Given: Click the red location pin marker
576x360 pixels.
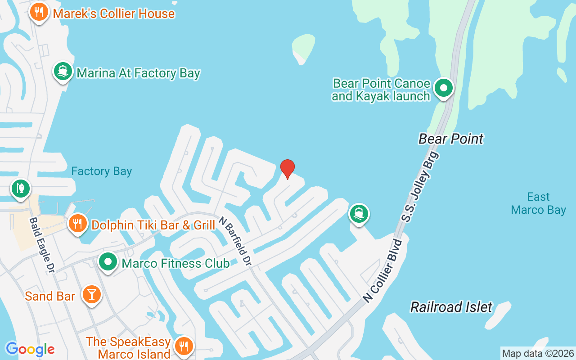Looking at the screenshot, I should tap(288, 169).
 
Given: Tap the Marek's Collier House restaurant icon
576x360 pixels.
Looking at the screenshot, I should tap(39, 12).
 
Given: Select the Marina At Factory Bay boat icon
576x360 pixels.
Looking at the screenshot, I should tap(63, 72).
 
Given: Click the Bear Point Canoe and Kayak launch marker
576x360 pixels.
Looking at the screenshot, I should tap(444, 88).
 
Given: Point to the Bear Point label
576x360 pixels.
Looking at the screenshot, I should tap(451, 139).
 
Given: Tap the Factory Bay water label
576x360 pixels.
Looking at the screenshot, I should tap(102, 171).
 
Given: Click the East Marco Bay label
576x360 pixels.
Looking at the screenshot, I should tap(538, 203).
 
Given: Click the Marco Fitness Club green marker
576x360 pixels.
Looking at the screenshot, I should tap(108, 262).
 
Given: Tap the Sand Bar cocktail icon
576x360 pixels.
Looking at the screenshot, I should tap(92, 294).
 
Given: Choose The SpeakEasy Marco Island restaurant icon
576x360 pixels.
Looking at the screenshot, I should tap(184, 346).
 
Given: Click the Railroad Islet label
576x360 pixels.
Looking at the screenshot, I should tap(451, 307).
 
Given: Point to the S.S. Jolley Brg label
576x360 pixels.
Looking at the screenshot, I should tap(419, 187).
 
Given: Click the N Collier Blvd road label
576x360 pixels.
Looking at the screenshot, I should tap(383, 271).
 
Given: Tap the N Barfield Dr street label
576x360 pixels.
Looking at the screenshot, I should tap(234, 241).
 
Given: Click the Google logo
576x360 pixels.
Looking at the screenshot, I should tap(30, 349).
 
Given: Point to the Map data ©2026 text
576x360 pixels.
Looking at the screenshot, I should tap(538, 353).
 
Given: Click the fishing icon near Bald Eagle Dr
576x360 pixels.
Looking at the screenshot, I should tap(20, 188).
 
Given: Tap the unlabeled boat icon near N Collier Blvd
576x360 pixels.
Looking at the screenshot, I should tap(359, 213).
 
